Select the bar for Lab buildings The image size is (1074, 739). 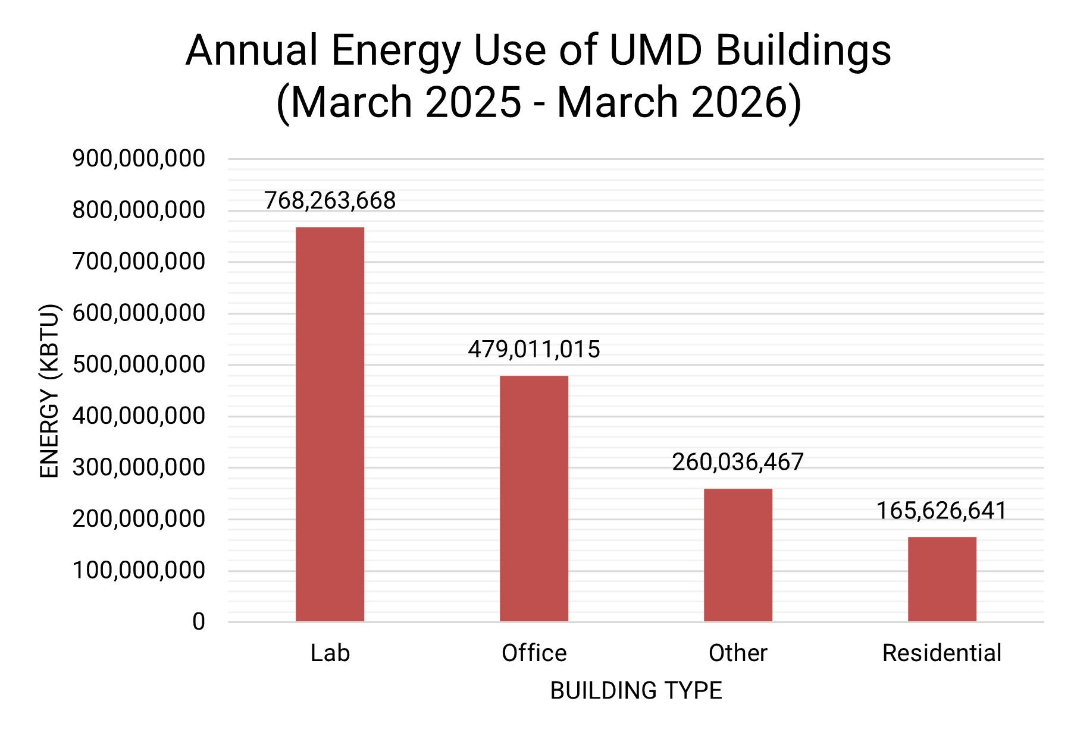point(330,424)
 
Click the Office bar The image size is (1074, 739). point(534,498)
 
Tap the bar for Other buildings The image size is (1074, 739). point(738,555)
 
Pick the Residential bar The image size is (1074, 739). point(942,579)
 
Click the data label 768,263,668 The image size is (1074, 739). point(330,201)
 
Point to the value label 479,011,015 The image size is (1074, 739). point(534,350)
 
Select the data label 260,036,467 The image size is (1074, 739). point(738,463)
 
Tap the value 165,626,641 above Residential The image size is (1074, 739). point(941,511)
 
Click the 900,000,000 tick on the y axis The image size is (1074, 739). point(139,159)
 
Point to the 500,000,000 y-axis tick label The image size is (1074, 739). point(139,364)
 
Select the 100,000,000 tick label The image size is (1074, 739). point(139,570)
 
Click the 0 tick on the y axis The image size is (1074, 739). point(198,622)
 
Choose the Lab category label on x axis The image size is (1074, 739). point(330,653)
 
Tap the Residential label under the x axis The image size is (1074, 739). point(941,653)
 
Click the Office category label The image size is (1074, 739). point(534,653)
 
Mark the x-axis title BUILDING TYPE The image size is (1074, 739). point(635,691)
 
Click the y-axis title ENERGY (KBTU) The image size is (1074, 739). point(49,391)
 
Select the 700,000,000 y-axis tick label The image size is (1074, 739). point(139,262)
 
